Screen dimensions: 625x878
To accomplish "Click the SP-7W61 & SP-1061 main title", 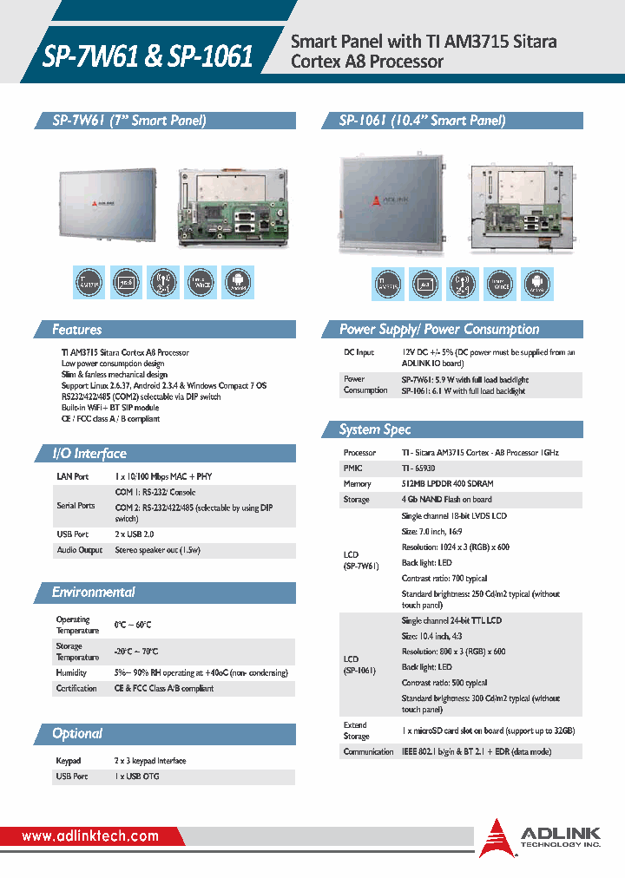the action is tap(148, 56).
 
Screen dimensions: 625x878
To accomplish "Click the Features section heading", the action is tap(77, 330).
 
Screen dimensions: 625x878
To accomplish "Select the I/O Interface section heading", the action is tap(89, 454).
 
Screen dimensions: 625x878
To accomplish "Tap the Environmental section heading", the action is tap(94, 593).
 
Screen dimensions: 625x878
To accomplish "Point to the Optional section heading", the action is tap(77, 734).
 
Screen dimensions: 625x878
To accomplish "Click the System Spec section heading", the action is tap(375, 430).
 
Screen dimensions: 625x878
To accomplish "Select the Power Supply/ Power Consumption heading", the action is tap(439, 330).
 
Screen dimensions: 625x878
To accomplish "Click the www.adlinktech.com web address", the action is tap(90, 836).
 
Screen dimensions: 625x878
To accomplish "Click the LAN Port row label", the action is tap(73, 477).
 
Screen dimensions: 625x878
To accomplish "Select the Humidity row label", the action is tap(71, 672).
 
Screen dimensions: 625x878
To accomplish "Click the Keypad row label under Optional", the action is tap(69, 761).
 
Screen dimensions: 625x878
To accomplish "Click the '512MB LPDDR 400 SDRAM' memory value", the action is tap(448, 484).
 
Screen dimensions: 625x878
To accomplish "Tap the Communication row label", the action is tap(369, 752).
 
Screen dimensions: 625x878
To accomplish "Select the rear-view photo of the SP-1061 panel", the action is tap(523, 206).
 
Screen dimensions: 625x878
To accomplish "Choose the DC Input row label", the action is tap(359, 353).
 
